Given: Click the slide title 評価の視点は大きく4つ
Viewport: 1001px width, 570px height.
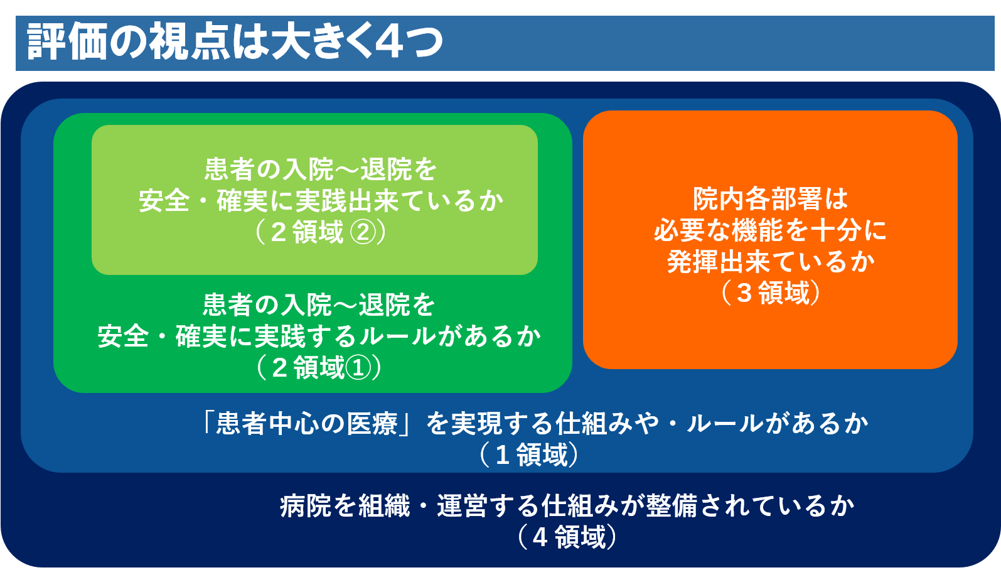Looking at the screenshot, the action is pyautogui.click(x=235, y=41).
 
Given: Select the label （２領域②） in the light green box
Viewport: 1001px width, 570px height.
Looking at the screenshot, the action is pyautogui.click(x=320, y=232).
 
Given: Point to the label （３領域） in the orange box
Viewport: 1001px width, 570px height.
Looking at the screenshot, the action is pyautogui.click(x=771, y=293).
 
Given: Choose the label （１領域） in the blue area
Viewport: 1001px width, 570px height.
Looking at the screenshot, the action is pyautogui.click(x=529, y=454).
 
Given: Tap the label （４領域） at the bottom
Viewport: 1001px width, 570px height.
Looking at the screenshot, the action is pyautogui.click(x=567, y=537).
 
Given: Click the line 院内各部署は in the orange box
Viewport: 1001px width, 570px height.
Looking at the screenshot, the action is pyautogui.click(x=771, y=199).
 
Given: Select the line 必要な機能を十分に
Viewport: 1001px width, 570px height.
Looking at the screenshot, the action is pyautogui.click(x=771, y=230).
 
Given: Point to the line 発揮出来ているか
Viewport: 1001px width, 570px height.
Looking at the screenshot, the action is pyautogui.click(x=771, y=262).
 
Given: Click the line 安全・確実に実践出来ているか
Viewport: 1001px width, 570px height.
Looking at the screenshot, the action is pyautogui.click(x=321, y=201).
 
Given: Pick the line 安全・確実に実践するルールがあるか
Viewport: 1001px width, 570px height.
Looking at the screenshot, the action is pyautogui.click(x=319, y=336).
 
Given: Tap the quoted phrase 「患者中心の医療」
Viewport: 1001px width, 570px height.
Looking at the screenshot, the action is pyautogui.click(x=306, y=423).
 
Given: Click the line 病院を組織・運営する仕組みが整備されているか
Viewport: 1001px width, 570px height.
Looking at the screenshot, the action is pyautogui.click(x=567, y=505).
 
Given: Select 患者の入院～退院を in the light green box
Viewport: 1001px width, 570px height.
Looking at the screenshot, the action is pyautogui.click(x=321, y=169).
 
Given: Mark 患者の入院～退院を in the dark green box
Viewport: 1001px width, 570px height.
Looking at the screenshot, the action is pyautogui.click(x=319, y=305).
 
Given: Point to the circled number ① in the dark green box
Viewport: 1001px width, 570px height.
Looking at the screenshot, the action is pyautogui.click(x=358, y=368).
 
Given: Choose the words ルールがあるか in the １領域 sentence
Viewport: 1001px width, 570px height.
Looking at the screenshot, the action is pyautogui.click(x=777, y=423).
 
